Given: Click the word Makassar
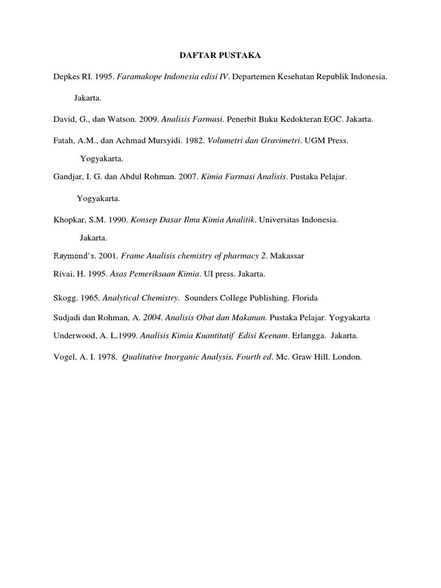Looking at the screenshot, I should [287, 256].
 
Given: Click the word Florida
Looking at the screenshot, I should [305, 298].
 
